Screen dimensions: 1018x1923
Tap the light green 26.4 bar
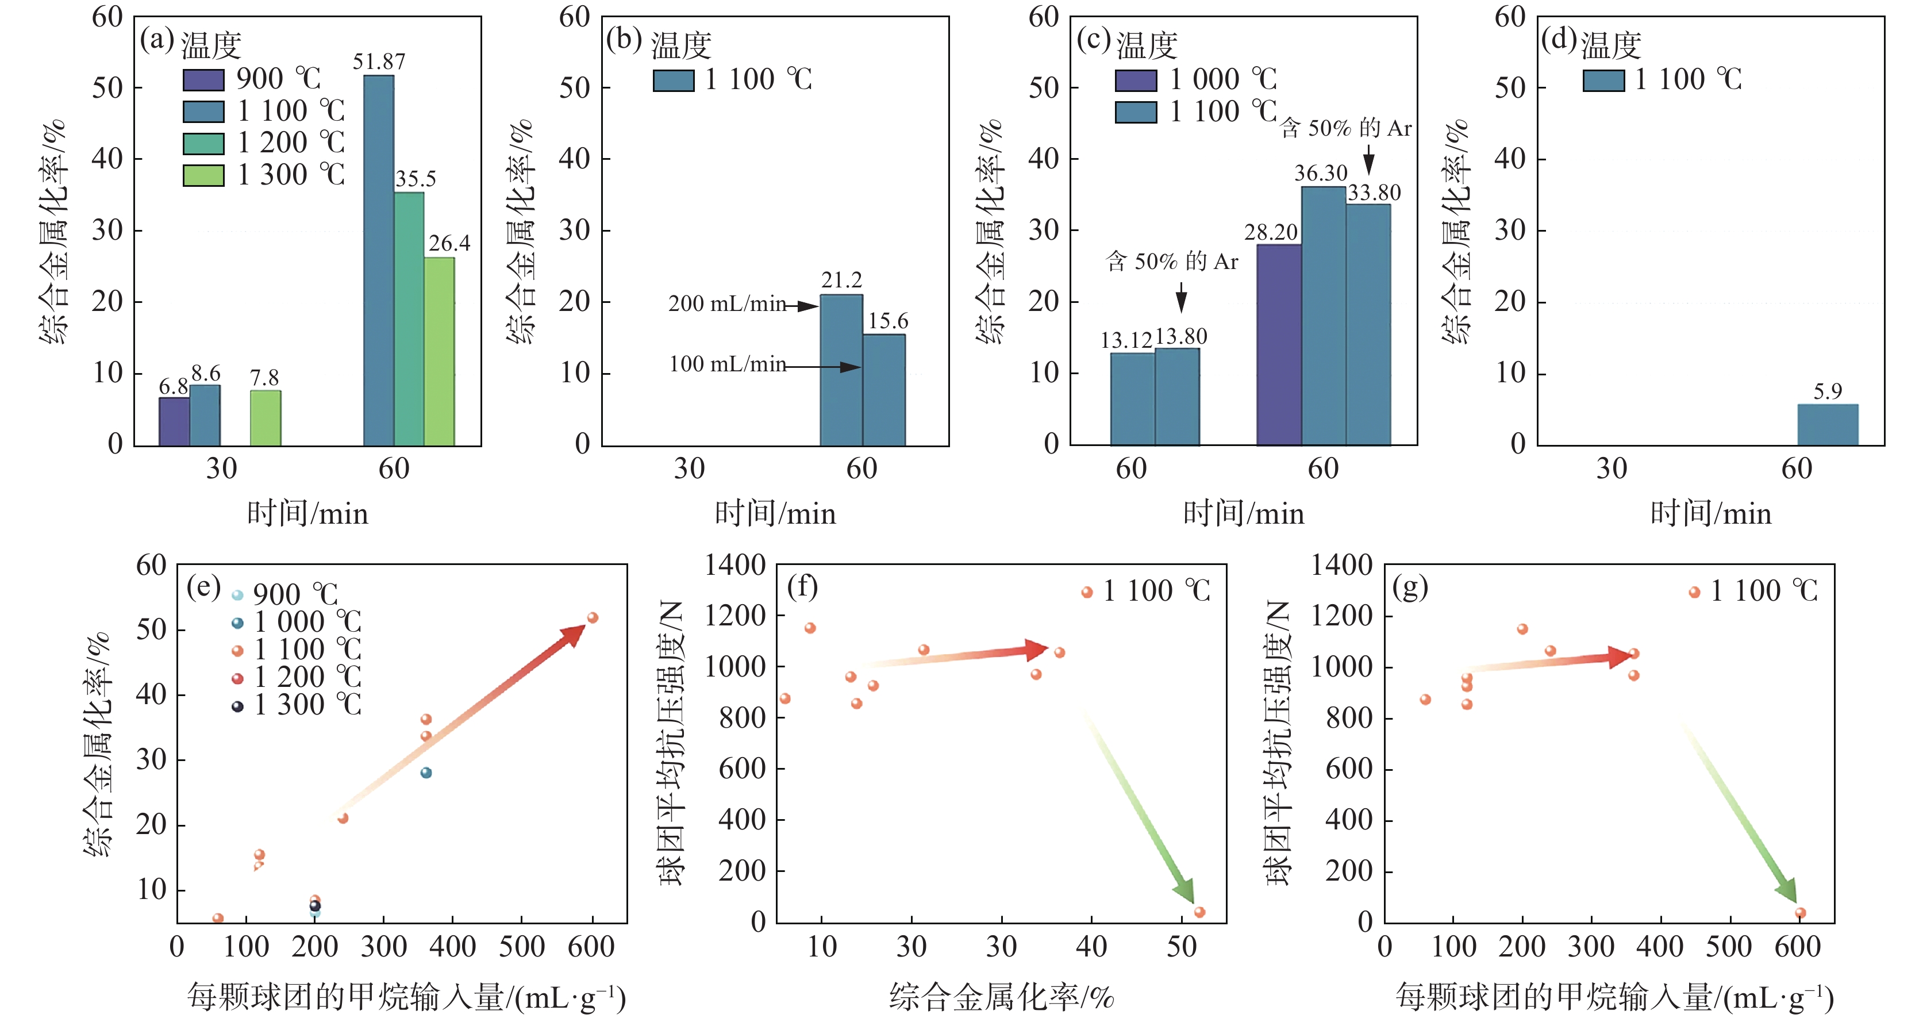439,352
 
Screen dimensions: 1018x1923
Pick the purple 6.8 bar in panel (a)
174,422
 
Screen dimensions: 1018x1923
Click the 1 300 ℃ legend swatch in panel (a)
203,175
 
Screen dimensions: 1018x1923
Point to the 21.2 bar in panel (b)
841,370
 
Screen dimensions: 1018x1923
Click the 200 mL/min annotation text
727,304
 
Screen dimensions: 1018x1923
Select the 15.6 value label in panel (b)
887,321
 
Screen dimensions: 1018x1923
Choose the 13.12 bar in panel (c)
1132,399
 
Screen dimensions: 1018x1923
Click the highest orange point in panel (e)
593,618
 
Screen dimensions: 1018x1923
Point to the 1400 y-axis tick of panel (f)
735,566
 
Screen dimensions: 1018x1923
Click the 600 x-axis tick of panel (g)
1798,947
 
